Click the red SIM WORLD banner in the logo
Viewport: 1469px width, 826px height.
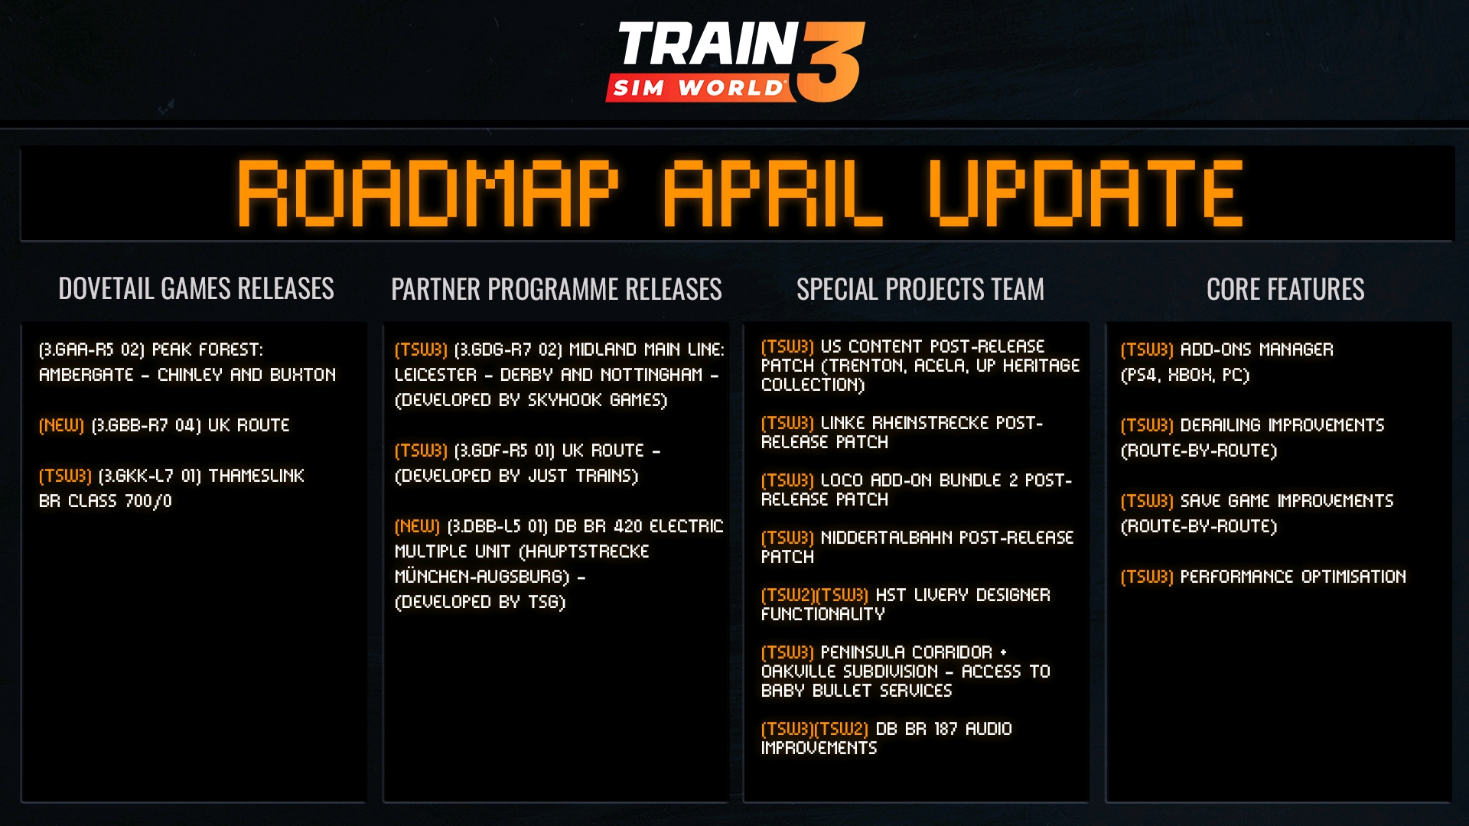698,88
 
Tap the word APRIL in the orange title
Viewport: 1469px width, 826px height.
773,193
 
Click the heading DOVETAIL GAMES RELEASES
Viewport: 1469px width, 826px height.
196,288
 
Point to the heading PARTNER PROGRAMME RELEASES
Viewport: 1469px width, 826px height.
556,289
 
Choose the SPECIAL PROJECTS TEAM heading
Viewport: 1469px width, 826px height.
920,289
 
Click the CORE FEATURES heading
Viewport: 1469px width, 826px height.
1285,289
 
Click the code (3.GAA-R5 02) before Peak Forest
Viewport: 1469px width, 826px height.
91,350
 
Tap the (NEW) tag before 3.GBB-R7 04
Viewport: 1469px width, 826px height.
61,425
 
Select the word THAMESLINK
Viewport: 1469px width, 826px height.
256,476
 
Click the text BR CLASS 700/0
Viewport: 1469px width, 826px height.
106,501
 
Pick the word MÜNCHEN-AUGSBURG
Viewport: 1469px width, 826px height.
480,577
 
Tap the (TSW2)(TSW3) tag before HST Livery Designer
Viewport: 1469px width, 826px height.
814,595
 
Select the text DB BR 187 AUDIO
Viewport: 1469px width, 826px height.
943,729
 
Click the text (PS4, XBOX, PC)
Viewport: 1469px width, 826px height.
1184,375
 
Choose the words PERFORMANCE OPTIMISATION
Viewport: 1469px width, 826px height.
1292,577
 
